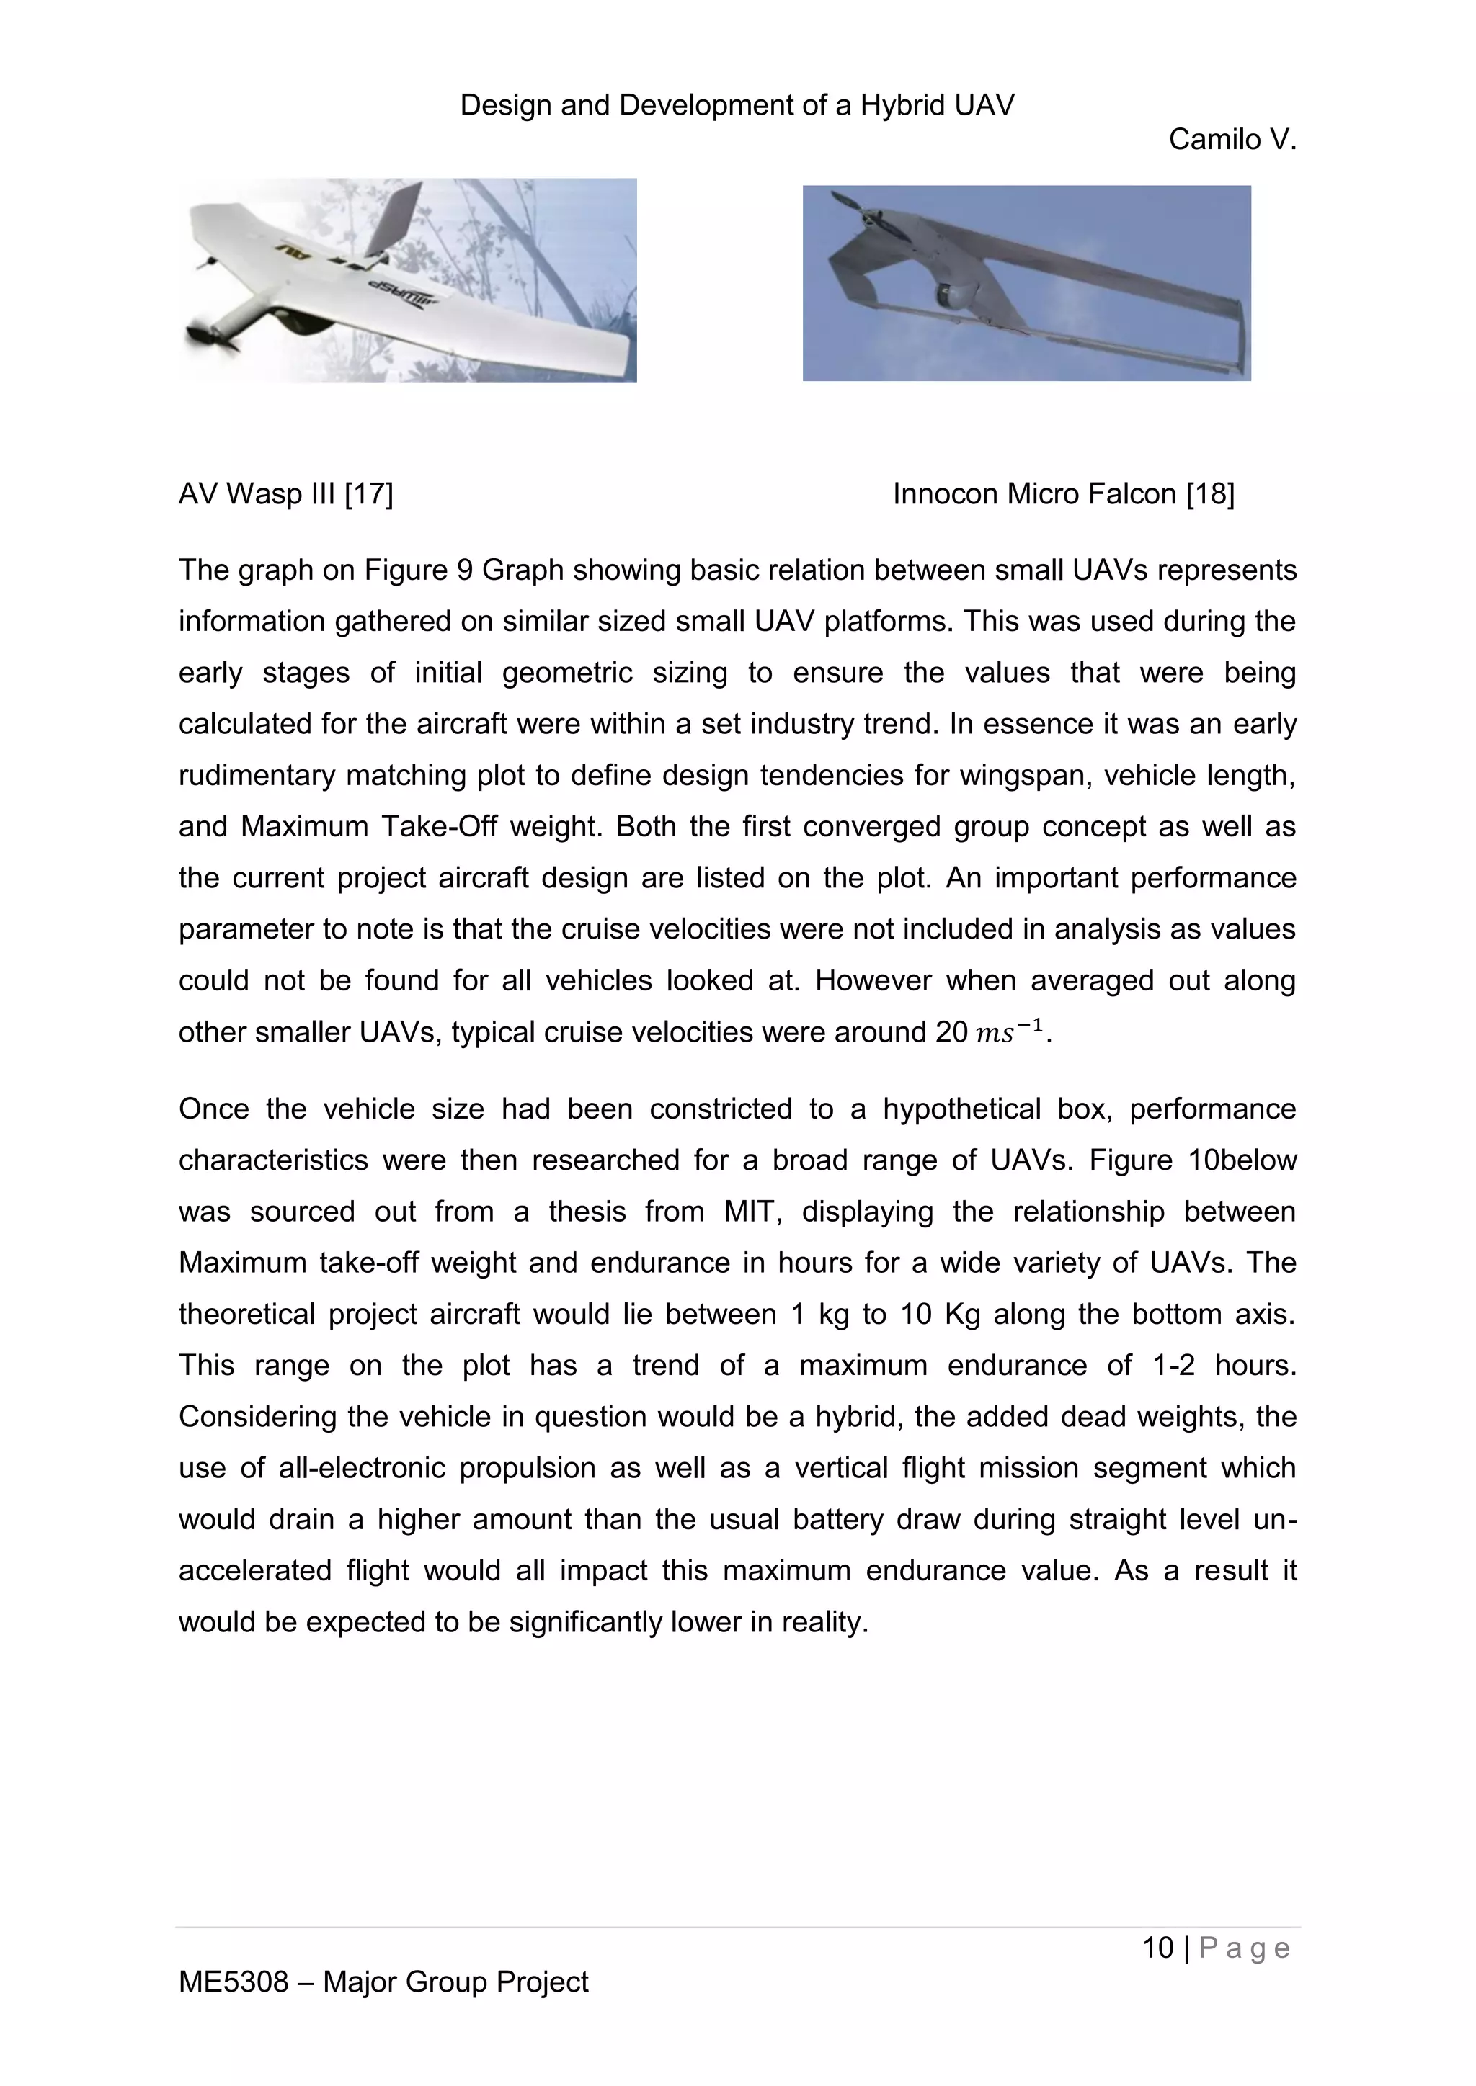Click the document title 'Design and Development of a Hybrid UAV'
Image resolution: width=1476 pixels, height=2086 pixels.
tap(737, 105)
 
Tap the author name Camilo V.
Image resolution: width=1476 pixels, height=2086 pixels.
tap(1232, 139)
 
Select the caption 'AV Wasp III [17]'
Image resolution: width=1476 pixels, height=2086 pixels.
tap(285, 494)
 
